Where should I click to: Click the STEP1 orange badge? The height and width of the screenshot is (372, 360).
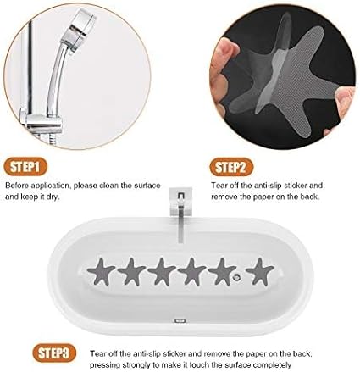coord(25,167)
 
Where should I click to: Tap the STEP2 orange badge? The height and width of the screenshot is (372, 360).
coord(231,167)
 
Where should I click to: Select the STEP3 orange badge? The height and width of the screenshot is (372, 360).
coord(54,353)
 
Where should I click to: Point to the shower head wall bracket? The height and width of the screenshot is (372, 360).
coord(42,122)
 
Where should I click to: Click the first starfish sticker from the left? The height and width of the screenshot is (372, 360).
coord(101,272)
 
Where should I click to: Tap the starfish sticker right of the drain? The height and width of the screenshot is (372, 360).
coord(259,271)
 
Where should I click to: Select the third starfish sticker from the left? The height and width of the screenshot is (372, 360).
coord(162,271)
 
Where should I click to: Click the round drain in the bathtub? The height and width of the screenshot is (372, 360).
coord(236,277)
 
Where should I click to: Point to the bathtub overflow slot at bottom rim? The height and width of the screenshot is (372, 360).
coord(180,320)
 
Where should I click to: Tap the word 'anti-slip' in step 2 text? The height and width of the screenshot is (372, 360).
coord(268,186)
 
